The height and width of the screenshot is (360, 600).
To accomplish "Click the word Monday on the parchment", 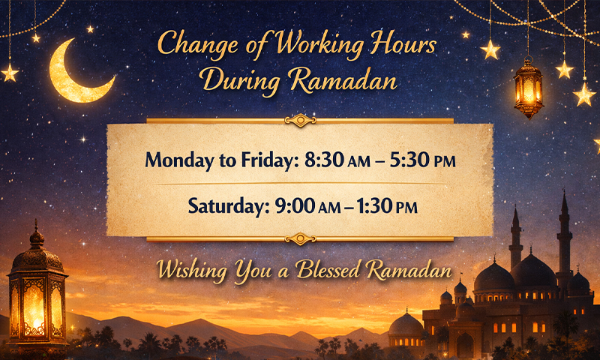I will pos(178,160).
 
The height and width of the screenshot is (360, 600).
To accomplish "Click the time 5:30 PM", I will pos(422,160).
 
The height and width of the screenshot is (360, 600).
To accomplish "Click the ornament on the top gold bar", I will pos(300,120).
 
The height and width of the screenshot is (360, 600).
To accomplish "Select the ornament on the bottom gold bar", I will pos(300,239).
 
